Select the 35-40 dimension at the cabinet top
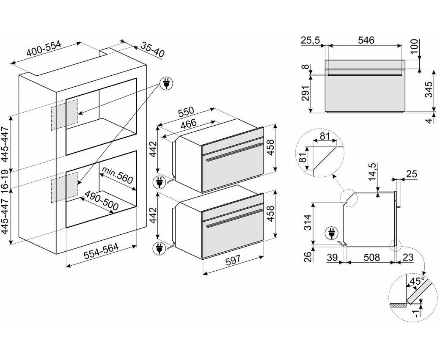click(152, 50)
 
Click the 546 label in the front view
click(366, 40)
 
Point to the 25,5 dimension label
click(311, 40)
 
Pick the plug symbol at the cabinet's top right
click(165, 84)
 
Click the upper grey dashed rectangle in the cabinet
click(64, 114)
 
